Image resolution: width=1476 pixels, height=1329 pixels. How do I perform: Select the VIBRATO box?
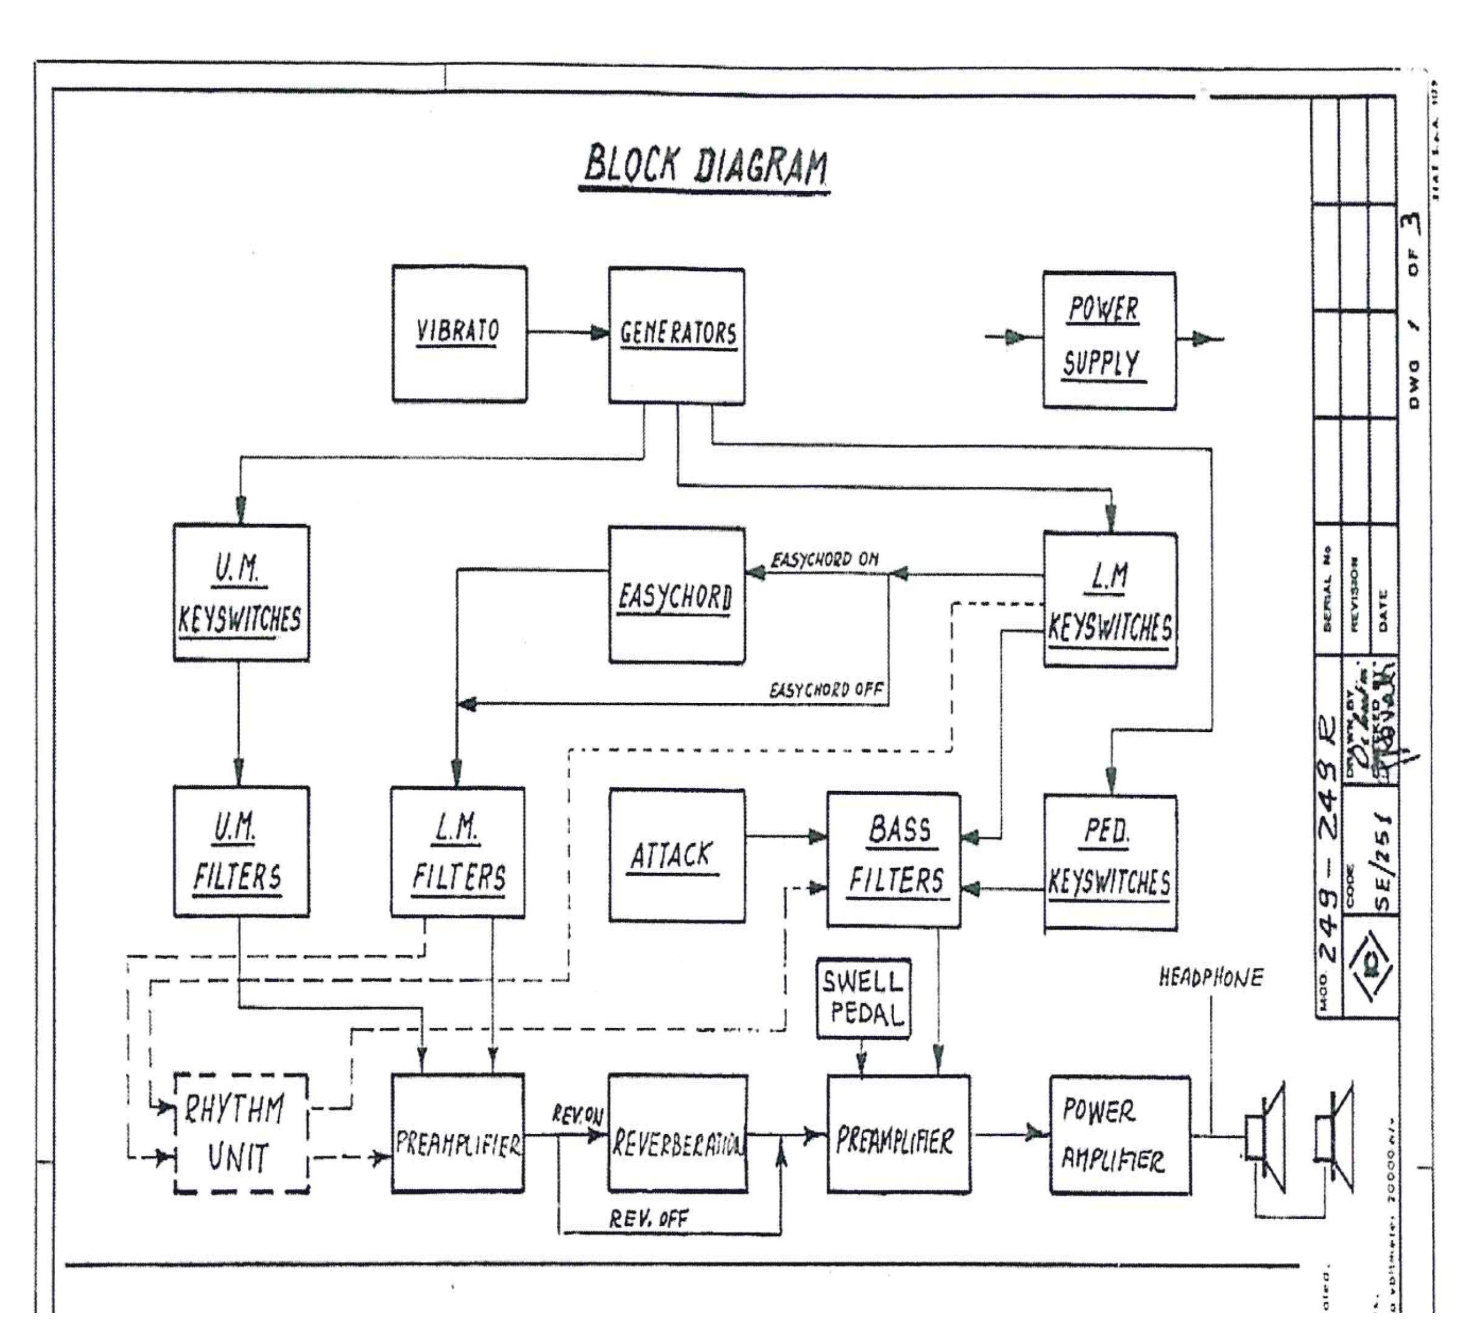point(459,333)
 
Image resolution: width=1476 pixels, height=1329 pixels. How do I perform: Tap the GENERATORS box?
point(677,335)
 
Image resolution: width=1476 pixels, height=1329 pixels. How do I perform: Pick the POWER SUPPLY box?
point(1108,341)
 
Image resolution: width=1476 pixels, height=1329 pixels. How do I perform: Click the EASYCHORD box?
point(676,595)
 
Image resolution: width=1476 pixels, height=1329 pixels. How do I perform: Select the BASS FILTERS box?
point(893,859)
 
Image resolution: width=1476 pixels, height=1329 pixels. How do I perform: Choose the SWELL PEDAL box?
point(863,998)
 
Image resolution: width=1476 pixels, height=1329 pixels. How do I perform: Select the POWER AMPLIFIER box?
point(1119,1135)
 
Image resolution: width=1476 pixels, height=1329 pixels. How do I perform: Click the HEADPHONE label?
point(1210,978)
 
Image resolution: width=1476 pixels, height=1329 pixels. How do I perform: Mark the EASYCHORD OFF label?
point(826,689)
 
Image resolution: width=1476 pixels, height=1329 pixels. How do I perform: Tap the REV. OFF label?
point(649,1218)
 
